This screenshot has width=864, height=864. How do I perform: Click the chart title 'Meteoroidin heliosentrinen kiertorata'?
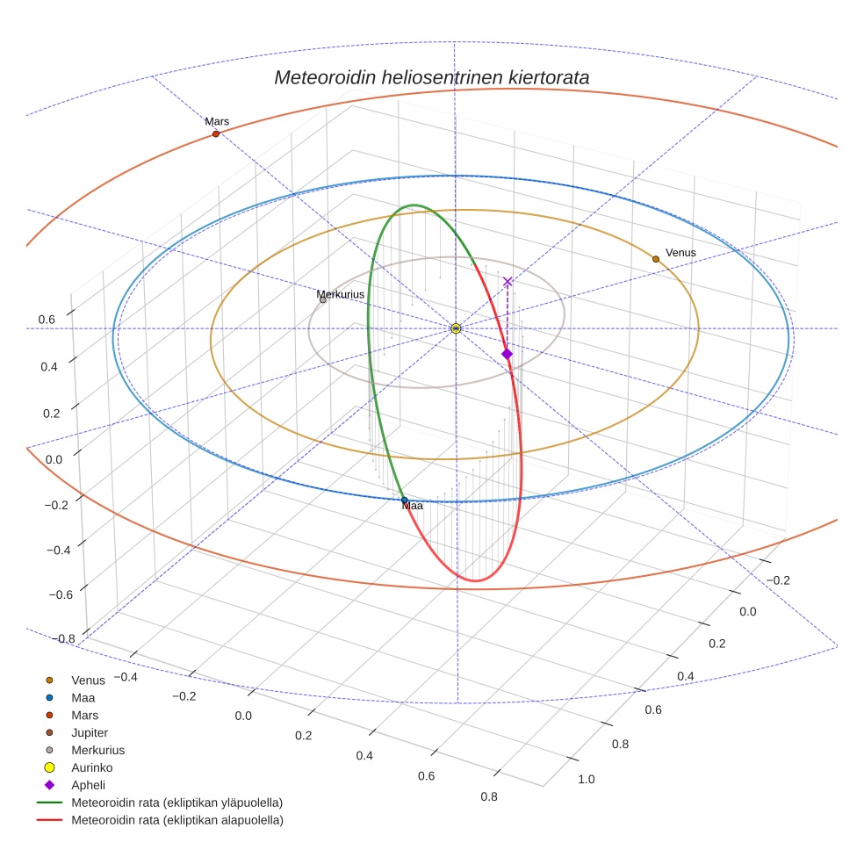coord(431,77)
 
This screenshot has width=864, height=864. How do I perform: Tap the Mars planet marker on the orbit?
coord(216,133)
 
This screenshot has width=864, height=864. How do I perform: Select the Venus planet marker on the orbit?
coord(656,259)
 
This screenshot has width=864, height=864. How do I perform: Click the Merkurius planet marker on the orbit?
coord(323,300)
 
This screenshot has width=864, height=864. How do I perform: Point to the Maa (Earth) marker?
coord(404,500)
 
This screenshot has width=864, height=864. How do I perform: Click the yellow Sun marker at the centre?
coord(456,328)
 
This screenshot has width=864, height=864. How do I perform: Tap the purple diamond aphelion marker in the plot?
coord(507,354)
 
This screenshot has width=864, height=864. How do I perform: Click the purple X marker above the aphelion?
coord(508,282)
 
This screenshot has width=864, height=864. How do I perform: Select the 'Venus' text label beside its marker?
coord(680,253)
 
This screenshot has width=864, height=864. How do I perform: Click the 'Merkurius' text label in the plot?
coord(341,294)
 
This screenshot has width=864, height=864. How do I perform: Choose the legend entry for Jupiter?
coord(89,732)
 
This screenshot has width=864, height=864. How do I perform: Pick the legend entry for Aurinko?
coord(91,767)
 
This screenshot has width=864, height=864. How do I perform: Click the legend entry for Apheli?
coord(88,785)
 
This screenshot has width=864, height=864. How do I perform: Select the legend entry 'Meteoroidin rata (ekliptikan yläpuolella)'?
coord(176,803)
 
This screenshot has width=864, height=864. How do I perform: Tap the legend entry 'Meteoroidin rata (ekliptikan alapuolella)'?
coord(176,820)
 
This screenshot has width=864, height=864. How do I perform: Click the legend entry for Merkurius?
coord(97,750)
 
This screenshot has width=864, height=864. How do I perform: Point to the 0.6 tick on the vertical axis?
coord(47,320)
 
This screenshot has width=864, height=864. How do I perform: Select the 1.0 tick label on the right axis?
coord(586,779)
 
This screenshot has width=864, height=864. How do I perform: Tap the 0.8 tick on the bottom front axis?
coord(489,797)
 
